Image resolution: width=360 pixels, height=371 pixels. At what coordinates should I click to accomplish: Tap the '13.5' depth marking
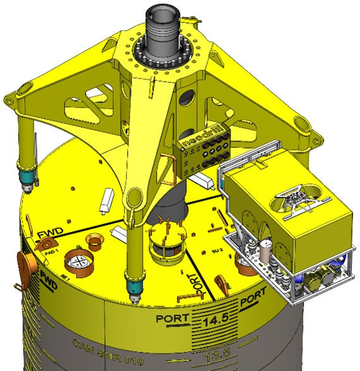click(x=213, y=358)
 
